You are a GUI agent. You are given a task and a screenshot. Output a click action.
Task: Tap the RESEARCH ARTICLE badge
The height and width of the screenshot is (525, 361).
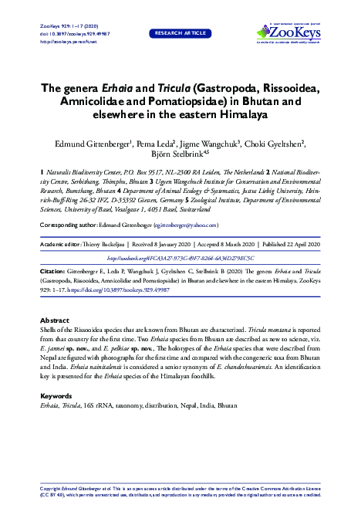coord(180,33)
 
